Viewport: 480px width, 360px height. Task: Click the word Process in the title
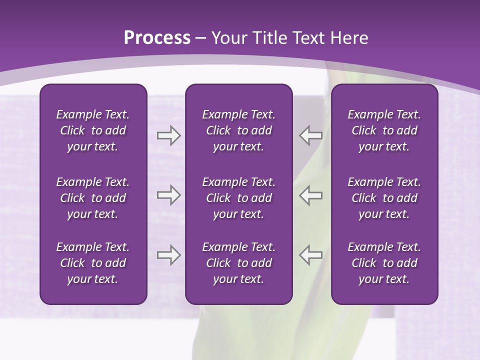tap(157, 38)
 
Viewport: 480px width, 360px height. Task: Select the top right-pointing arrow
tap(168, 135)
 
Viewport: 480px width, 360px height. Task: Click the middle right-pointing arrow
tap(168, 195)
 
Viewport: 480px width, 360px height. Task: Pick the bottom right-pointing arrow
tap(168, 255)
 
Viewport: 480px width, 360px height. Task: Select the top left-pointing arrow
tap(310, 135)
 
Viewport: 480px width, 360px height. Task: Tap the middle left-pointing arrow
tap(310, 195)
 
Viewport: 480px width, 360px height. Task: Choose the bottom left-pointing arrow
tap(310, 255)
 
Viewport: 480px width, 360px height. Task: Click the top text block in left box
tap(93, 130)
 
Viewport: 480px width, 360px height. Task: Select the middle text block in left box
tap(93, 198)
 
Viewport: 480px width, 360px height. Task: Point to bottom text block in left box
tap(93, 263)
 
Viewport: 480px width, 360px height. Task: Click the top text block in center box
tap(238, 130)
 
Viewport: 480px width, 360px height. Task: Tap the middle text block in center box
tap(238, 198)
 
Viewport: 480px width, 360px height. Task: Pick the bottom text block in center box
tap(238, 263)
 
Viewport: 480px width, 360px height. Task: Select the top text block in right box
tap(384, 130)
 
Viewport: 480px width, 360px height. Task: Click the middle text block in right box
tap(384, 198)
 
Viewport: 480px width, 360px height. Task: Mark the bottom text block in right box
tap(384, 263)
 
